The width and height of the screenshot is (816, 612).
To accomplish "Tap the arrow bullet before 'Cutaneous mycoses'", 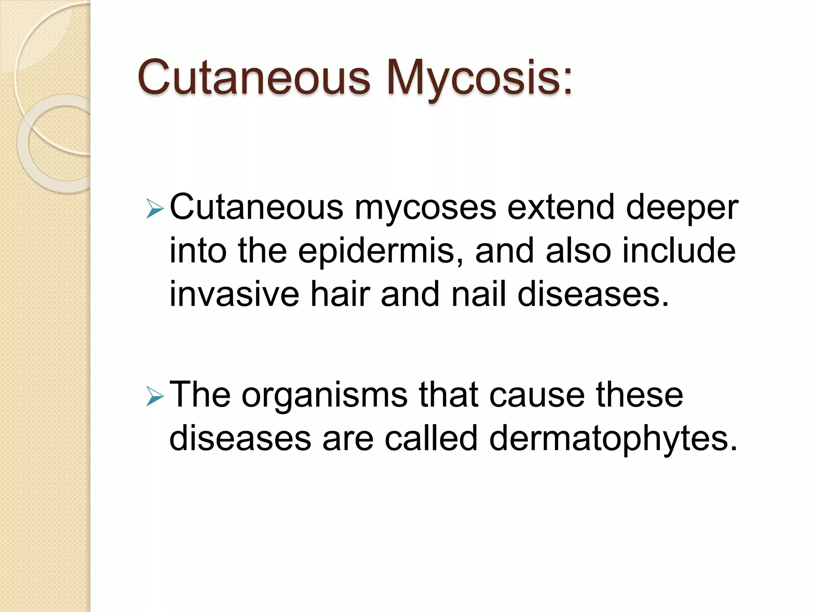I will point(155,209).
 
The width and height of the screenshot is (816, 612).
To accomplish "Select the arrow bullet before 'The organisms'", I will point(155,397).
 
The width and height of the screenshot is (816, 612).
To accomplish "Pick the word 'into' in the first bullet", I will point(198,251).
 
